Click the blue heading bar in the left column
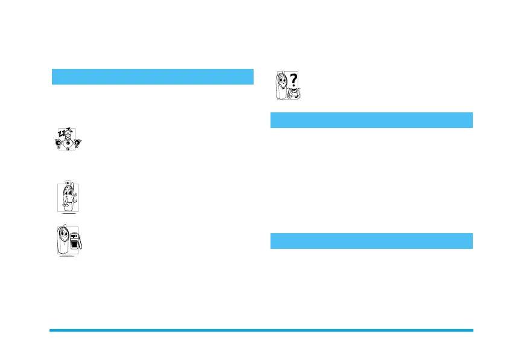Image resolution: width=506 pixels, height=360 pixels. tap(152, 77)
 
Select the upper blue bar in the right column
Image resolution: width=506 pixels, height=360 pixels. tap(371, 120)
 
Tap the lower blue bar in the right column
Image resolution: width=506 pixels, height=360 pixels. tap(371, 241)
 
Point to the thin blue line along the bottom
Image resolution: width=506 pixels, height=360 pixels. tap(261, 330)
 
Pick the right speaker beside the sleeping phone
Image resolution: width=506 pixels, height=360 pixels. tap(78, 143)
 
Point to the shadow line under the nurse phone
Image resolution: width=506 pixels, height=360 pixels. tap(68, 213)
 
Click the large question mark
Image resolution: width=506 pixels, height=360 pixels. tap(294, 80)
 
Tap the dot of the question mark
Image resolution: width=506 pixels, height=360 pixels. tap(294, 88)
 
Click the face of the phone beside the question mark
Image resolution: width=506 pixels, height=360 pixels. tap(283, 80)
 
